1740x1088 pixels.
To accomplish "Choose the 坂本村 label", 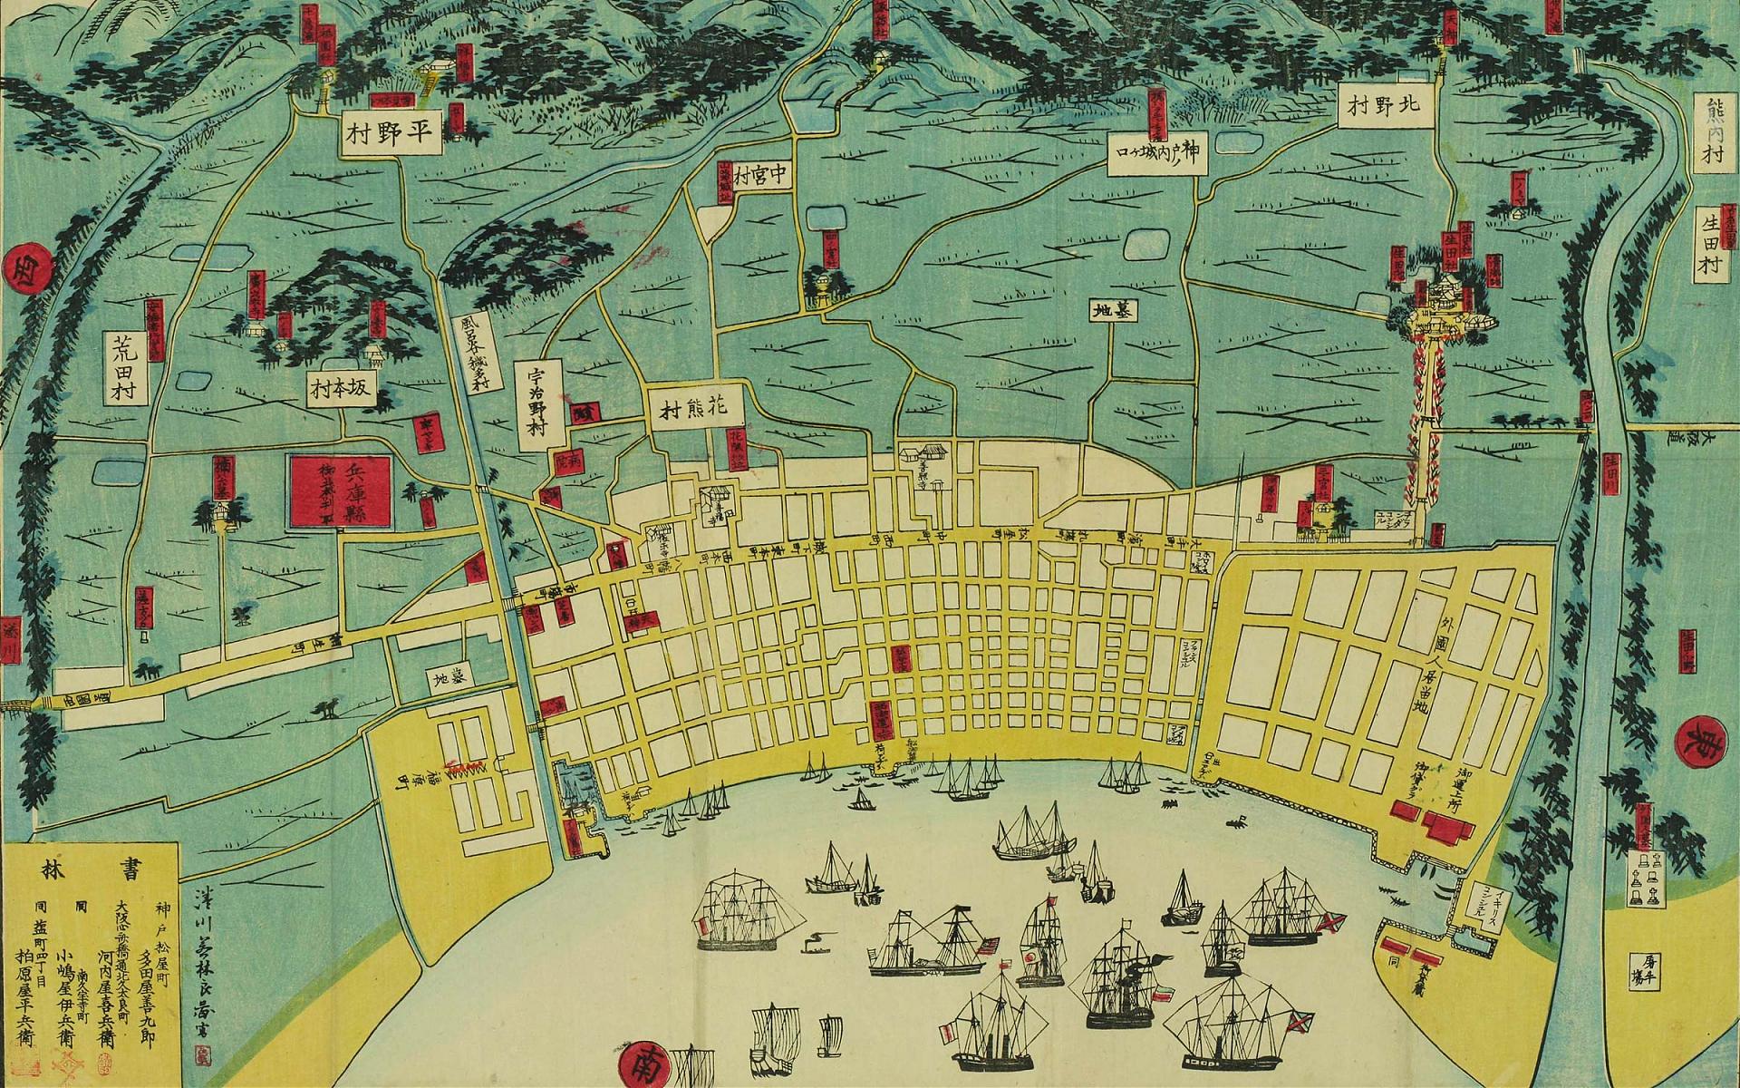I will point(341,391).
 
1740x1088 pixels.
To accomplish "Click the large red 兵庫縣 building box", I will point(340,492).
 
